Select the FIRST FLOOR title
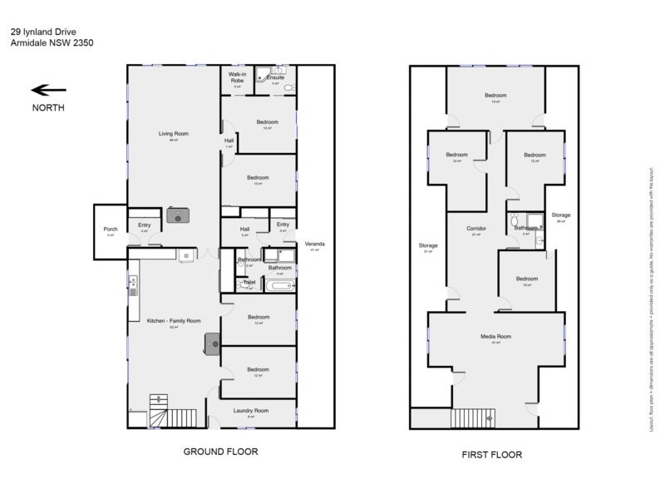click(x=487, y=457)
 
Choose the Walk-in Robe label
click(x=237, y=77)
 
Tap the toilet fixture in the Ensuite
click(x=288, y=87)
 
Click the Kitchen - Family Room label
click(x=175, y=321)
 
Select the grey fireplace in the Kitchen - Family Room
click(x=214, y=342)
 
